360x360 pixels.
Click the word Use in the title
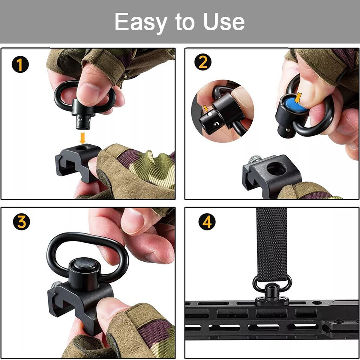point(224,22)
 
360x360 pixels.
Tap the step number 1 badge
point(20,64)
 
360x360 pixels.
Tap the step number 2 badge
point(202,62)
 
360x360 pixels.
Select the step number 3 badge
point(21,222)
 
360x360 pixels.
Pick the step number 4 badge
point(207,222)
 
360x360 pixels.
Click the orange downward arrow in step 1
point(82,138)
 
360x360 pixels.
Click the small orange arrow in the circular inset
point(205,108)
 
